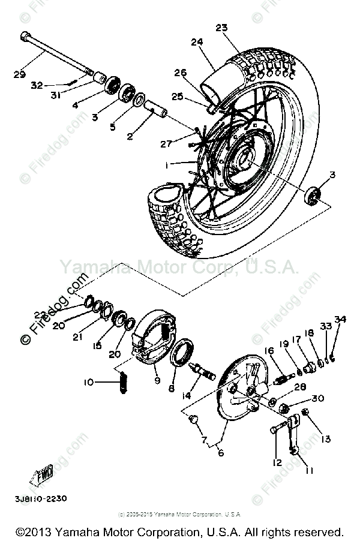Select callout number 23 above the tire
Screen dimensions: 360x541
point(221,28)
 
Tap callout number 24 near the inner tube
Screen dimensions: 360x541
point(197,42)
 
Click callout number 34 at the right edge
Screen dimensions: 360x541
point(340,318)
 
